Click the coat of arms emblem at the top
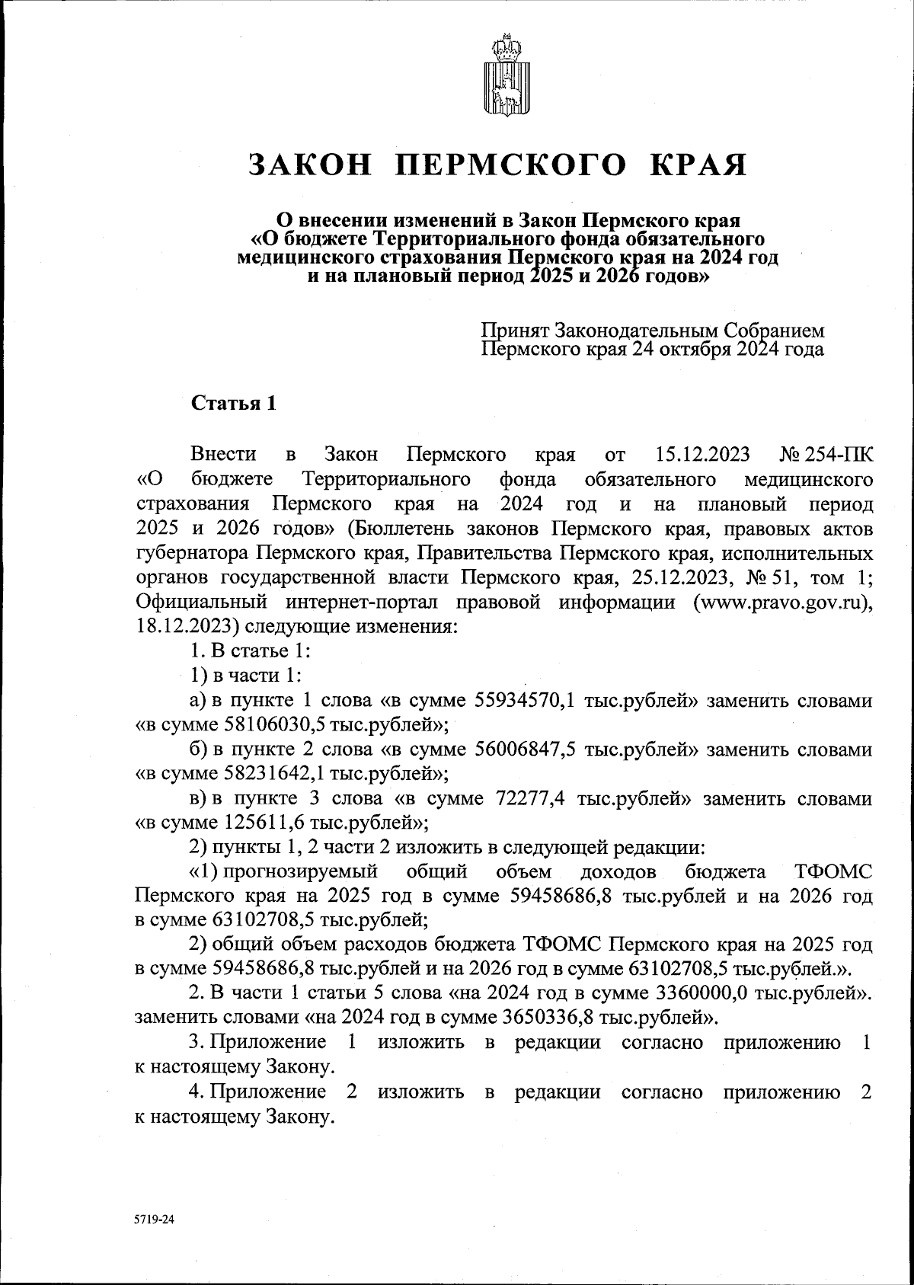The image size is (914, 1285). (503, 76)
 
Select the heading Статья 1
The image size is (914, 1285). (232, 404)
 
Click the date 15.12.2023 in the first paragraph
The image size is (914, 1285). (702, 456)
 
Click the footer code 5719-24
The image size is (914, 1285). (155, 1219)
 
